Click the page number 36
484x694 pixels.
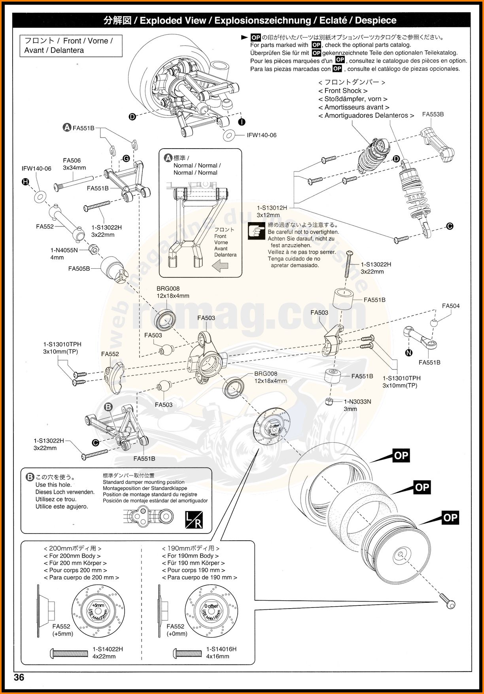click(19, 677)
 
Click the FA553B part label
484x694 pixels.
click(433, 115)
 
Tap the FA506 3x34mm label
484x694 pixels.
click(74, 164)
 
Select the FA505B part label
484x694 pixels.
click(79, 269)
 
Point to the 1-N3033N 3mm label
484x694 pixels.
click(357, 405)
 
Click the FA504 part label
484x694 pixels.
click(450, 306)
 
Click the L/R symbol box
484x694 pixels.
click(194, 520)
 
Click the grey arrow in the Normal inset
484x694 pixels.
click(220, 266)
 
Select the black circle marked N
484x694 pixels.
click(409, 353)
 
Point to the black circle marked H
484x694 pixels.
click(26, 182)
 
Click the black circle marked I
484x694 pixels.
click(242, 122)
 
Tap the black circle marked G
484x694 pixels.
click(126, 158)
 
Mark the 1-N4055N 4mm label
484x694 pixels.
click(64, 254)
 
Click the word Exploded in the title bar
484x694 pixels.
click(173, 21)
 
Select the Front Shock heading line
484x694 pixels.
click(342, 91)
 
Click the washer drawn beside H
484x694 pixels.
click(39, 196)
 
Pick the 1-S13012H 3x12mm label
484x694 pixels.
click(272, 211)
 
